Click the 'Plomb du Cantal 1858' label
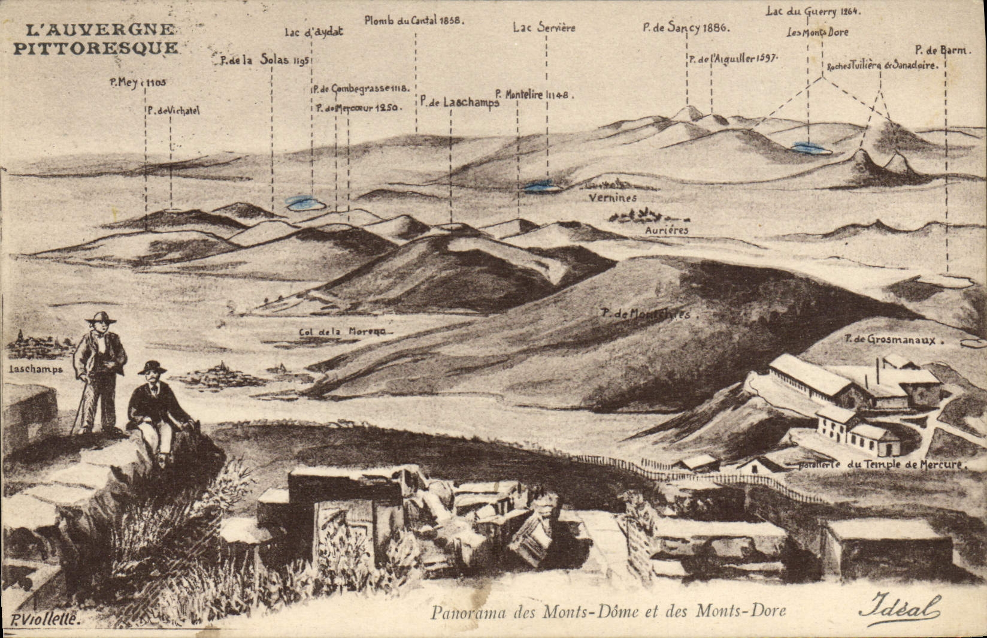tap(414, 20)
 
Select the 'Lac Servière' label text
tap(544, 28)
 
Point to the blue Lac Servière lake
tap(542, 186)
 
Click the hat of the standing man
tap(100, 317)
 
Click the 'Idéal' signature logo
tap(899, 609)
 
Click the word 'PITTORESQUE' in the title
tap(95, 49)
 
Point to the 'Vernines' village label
tap(612, 198)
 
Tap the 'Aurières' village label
tap(667, 229)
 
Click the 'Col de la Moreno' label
tap(342, 332)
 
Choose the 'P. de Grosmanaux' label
tap(893, 340)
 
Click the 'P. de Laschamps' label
tap(459, 102)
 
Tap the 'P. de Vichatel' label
tap(173, 110)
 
